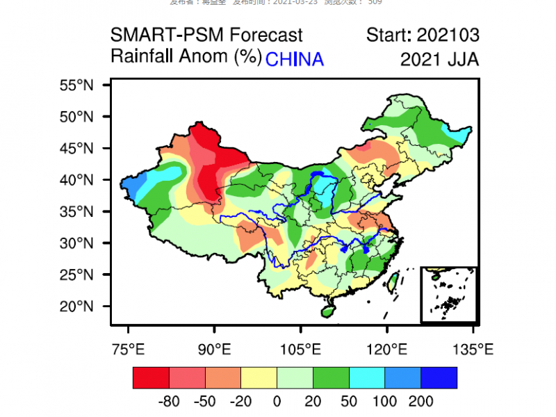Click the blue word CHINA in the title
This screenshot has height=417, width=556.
(295, 59)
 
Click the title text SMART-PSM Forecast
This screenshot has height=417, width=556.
(206, 35)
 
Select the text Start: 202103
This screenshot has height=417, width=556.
(423, 35)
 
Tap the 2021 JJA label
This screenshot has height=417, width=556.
(439, 59)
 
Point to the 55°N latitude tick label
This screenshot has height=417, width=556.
(76, 85)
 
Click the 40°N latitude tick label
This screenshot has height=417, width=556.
(76, 180)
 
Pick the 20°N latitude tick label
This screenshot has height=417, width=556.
(76, 306)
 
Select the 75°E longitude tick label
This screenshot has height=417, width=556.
(128, 348)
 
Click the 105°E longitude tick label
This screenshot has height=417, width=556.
(300, 348)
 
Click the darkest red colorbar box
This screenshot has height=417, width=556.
(151, 377)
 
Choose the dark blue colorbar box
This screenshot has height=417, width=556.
(439, 377)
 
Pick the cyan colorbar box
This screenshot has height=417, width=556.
(367, 377)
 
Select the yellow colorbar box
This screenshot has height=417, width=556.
(259, 377)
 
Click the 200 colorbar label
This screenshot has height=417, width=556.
(420, 402)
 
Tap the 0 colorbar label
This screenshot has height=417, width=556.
(277, 402)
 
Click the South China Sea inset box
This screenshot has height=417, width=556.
(449, 295)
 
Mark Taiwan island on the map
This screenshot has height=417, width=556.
(392, 281)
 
